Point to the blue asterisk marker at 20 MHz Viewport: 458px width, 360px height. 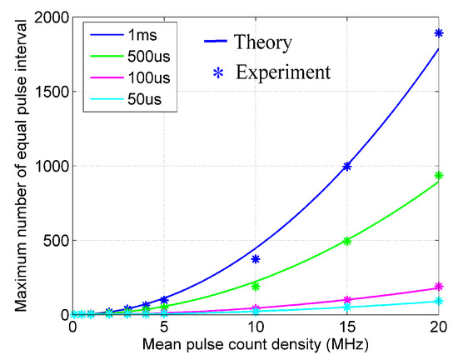(439, 33)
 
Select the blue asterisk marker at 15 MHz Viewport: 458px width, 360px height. (347, 167)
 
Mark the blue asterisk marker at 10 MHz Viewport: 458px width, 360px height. (256, 259)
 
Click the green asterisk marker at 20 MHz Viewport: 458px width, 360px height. (439, 176)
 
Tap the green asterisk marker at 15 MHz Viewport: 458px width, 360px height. (347, 241)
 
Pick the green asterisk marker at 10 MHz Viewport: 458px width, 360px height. (256, 286)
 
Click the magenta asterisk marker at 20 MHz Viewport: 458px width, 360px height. (439, 287)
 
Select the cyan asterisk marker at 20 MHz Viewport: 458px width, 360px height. (439, 301)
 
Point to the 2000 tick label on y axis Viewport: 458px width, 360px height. (52, 17)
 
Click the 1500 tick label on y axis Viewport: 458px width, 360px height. (52, 92)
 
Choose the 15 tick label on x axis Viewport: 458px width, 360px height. (347, 327)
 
